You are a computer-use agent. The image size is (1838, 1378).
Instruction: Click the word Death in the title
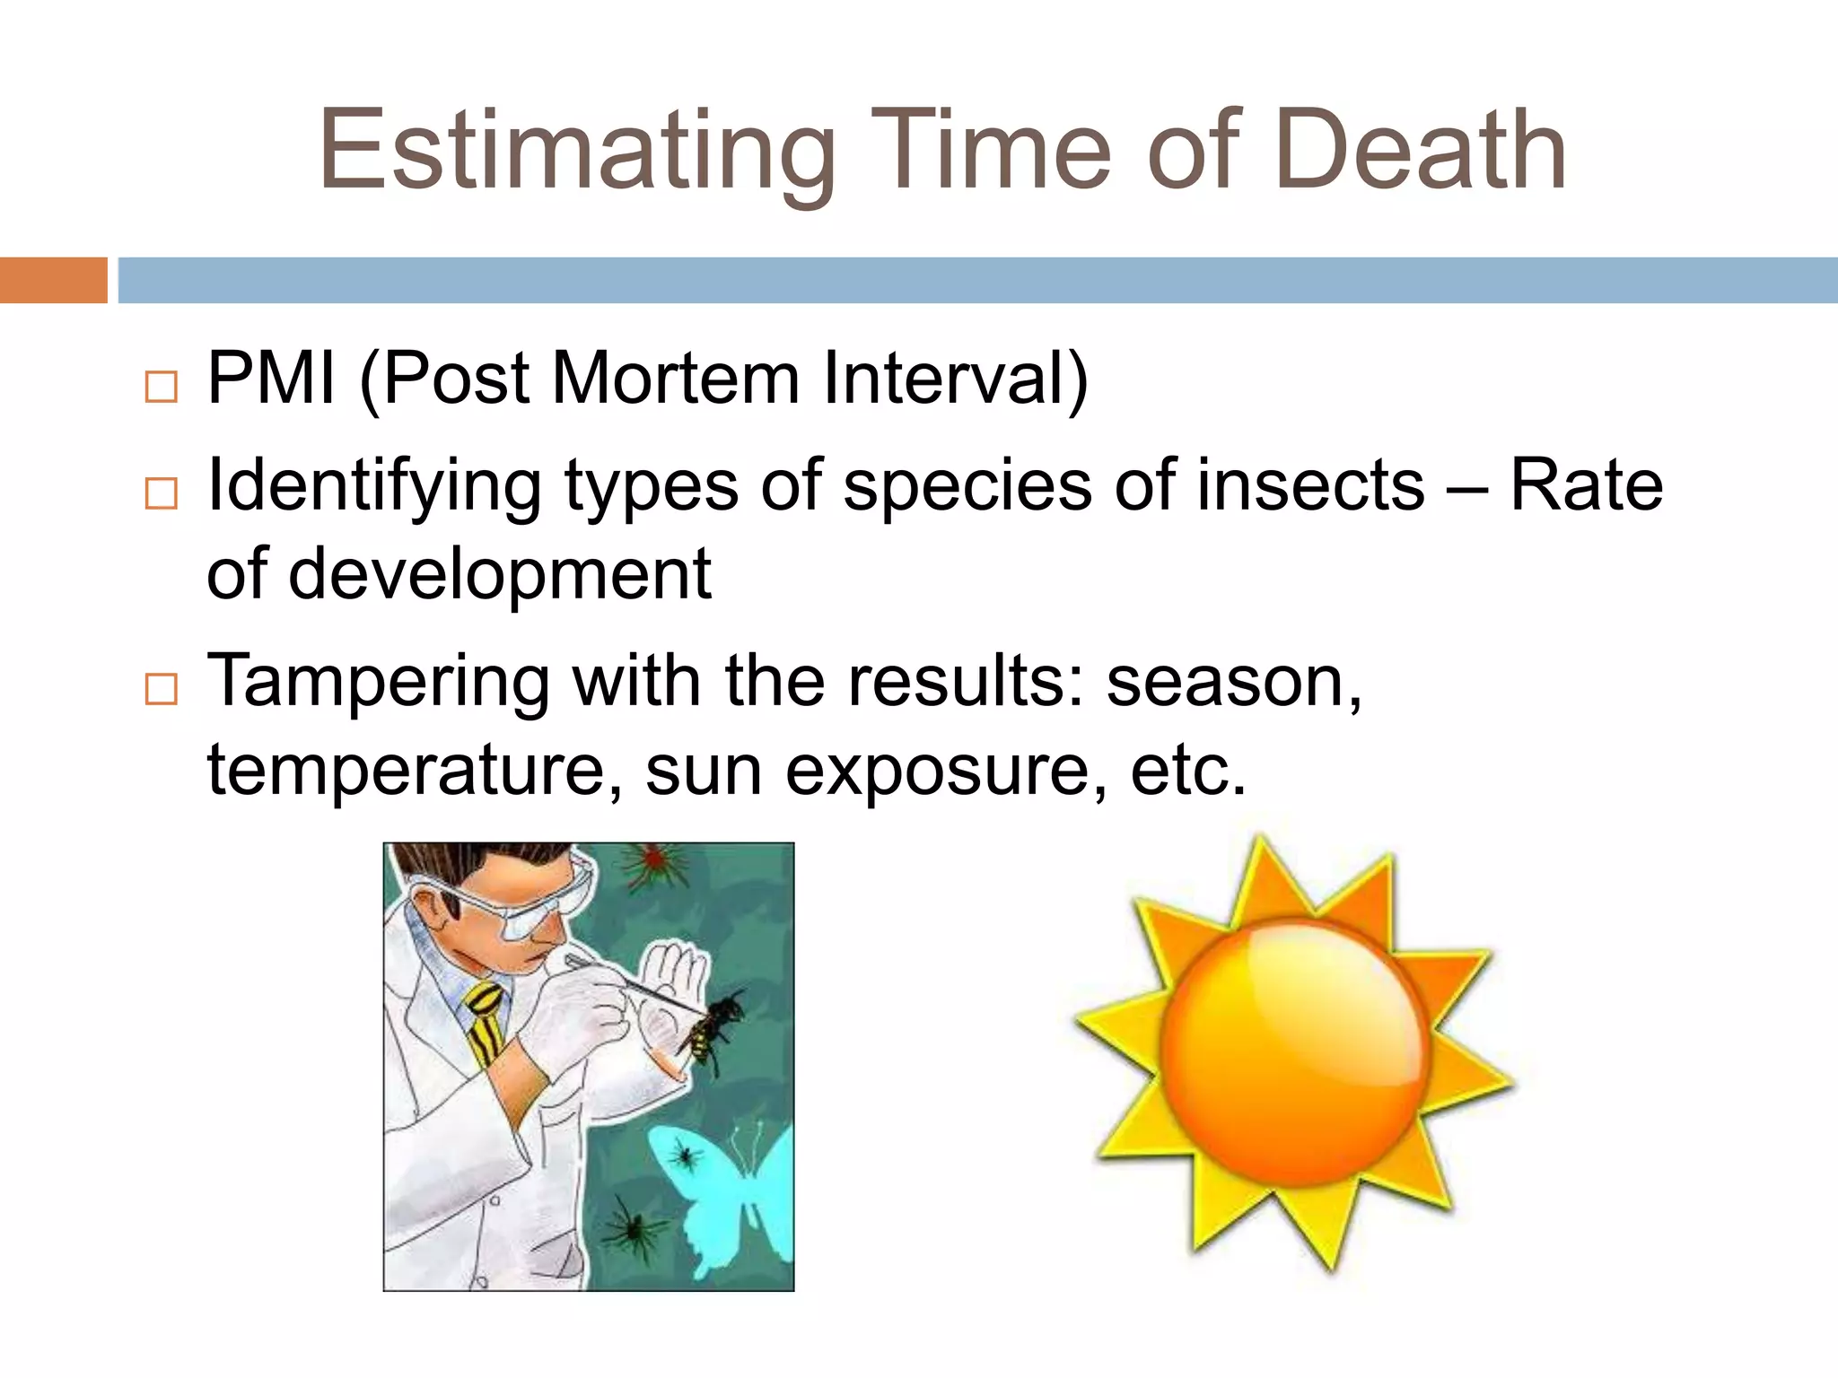[1420, 151]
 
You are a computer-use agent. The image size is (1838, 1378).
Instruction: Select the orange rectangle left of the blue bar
[53, 280]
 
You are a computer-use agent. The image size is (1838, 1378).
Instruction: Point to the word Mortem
[675, 379]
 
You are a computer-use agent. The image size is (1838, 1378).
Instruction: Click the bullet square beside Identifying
[161, 493]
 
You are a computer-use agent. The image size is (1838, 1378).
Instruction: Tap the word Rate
[1586, 485]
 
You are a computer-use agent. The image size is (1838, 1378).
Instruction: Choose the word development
[499, 575]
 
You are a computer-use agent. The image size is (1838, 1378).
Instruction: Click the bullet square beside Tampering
[161, 689]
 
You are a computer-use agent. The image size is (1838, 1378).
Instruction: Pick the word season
[1233, 682]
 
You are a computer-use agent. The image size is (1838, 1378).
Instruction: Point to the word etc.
[1187, 770]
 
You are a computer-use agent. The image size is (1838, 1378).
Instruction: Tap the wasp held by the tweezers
[713, 1032]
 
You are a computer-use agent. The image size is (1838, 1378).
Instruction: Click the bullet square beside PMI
[161, 388]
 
